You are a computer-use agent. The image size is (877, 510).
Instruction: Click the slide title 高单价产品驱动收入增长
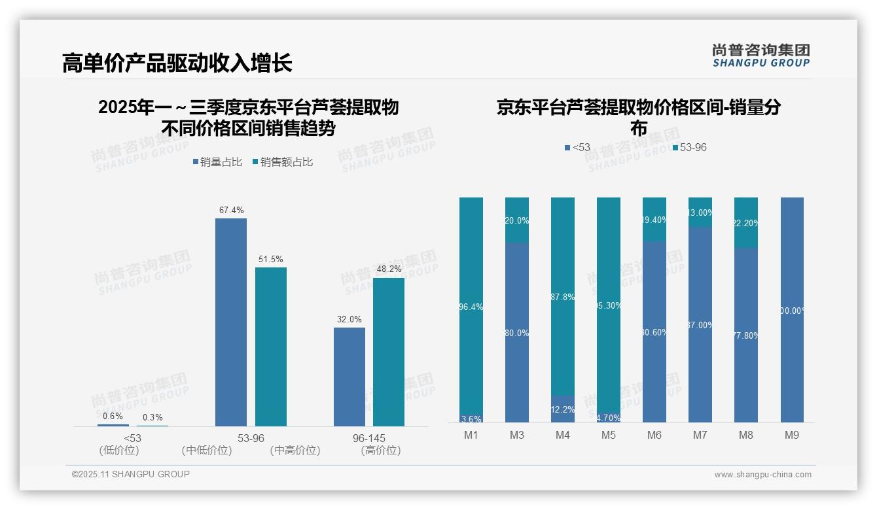tap(177, 63)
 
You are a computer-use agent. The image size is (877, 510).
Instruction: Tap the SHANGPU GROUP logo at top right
tap(761, 56)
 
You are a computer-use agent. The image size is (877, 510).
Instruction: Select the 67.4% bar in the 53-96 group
tap(231, 322)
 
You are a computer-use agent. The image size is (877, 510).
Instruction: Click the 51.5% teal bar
tap(271, 347)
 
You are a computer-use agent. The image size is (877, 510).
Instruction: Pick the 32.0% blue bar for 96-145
tap(349, 377)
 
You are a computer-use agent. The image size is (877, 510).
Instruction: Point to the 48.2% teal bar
tap(389, 352)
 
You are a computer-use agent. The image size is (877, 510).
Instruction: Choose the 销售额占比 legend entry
tap(282, 162)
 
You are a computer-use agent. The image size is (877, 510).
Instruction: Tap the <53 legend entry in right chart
tap(577, 148)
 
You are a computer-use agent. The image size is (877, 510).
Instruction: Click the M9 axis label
tap(792, 435)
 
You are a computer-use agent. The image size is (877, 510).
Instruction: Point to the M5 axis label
tap(609, 435)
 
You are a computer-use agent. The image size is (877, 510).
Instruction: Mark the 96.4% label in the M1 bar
tap(471, 307)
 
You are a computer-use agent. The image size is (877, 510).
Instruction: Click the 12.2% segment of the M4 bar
tap(563, 409)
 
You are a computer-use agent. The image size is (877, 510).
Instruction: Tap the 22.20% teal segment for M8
tap(746, 223)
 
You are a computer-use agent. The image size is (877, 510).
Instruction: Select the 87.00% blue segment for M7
tap(700, 325)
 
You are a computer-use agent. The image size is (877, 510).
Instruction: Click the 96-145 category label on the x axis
tap(368, 437)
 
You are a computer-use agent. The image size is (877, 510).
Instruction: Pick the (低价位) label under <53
tap(119, 450)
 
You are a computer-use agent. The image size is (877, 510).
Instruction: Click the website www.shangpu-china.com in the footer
tap(762, 475)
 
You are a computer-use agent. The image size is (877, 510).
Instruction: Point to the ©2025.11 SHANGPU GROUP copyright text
tap(131, 474)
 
